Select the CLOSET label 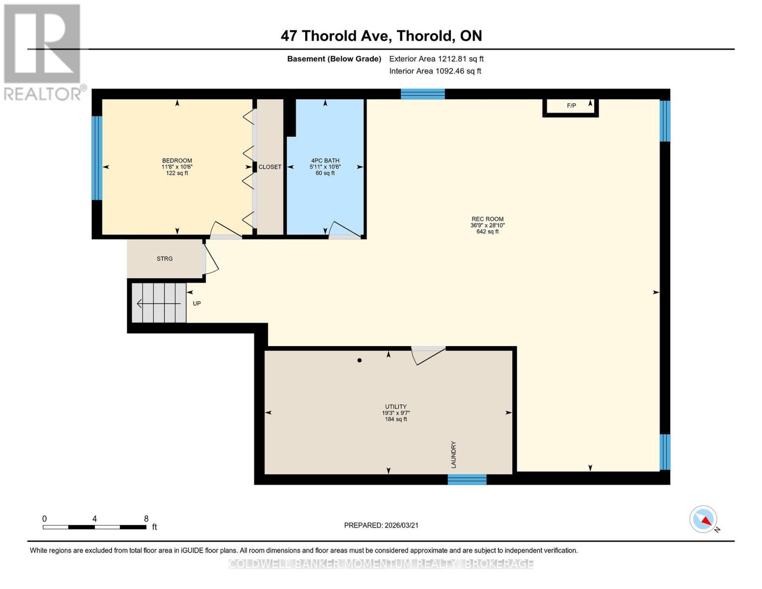click(270, 167)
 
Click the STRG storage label click(164, 259)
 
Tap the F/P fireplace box click(571, 106)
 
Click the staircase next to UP click(159, 303)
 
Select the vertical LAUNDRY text click(453, 455)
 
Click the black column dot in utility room click(360, 360)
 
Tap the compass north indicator click(704, 519)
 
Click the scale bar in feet click(95, 527)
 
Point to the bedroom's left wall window click(97, 158)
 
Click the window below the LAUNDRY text click(467, 480)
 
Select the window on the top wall click(422, 94)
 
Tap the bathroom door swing click(344, 230)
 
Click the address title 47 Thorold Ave click(381, 36)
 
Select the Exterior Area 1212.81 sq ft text click(436, 59)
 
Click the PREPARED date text click(381, 525)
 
